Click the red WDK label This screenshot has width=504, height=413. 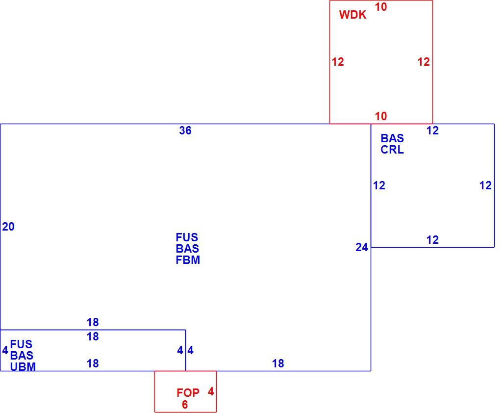pyautogui.click(x=353, y=15)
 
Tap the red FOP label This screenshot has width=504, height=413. pyautogui.click(x=188, y=393)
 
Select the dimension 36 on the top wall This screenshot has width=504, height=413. pyautogui.click(x=185, y=130)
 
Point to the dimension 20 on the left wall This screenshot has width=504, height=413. pyautogui.click(x=8, y=227)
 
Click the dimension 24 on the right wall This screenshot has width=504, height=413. pyautogui.click(x=362, y=247)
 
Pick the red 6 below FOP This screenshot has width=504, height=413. pyautogui.click(x=185, y=405)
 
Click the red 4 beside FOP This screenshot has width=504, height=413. pyautogui.click(x=211, y=391)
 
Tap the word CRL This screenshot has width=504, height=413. pyautogui.click(x=392, y=150)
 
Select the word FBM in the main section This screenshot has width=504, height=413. pyautogui.click(x=188, y=260)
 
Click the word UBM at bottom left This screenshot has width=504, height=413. pyautogui.click(x=23, y=367)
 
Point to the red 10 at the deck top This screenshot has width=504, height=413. pyautogui.click(x=381, y=7)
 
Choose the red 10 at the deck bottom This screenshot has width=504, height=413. pyautogui.click(x=381, y=116)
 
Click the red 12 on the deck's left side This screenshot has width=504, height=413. pyautogui.click(x=338, y=62)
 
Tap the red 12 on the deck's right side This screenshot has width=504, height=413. pyautogui.click(x=424, y=62)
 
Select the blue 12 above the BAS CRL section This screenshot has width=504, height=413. pyautogui.click(x=432, y=130)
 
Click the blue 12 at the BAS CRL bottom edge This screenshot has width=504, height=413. pyautogui.click(x=432, y=240)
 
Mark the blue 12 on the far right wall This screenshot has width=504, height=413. pyautogui.click(x=485, y=185)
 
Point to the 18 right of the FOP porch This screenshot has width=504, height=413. pyautogui.click(x=278, y=363)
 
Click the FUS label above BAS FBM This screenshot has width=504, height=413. pyautogui.click(x=187, y=237)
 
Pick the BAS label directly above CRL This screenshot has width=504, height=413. pyautogui.click(x=392, y=138)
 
